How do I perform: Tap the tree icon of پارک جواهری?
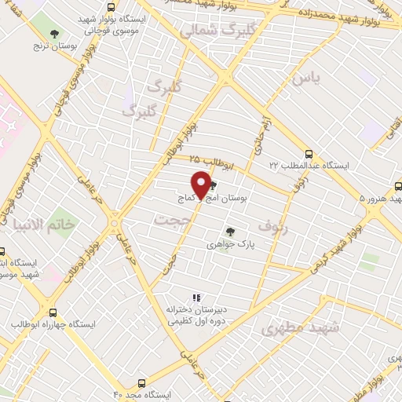(229, 232)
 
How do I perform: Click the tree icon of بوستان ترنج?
(53, 34)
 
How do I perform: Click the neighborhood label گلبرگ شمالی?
(213, 31)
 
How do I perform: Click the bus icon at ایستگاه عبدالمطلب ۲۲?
(309, 154)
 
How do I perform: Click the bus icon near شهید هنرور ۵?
(398, 187)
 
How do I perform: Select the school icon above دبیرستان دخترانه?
(196, 298)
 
